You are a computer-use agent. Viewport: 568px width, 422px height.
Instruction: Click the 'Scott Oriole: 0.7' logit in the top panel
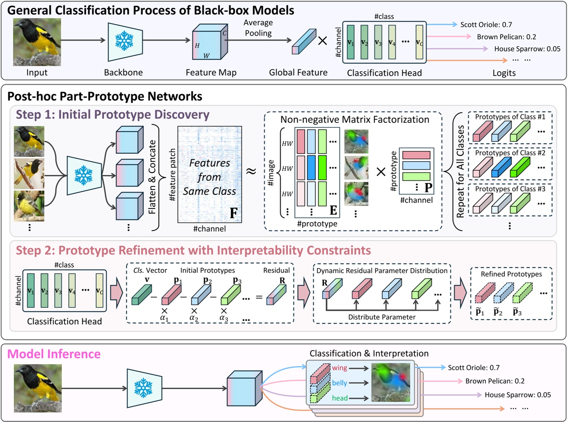pyautogui.click(x=486, y=25)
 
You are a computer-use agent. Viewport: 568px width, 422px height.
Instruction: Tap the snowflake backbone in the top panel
pyautogui.click(x=125, y=41)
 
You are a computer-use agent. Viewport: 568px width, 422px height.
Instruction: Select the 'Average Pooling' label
pyautogui.click(x=258, y=28)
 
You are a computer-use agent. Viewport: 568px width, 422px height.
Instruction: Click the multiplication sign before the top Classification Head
pyautogui.click(x=322, y=41)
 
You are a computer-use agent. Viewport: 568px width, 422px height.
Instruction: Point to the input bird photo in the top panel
pyautogui.click(x=37, y=42)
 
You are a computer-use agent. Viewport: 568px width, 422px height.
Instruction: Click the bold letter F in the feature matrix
pyautogui.click(x=233, y=213)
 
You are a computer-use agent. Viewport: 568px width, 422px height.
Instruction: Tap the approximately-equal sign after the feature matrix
pyautogui.click(x=251, y=172)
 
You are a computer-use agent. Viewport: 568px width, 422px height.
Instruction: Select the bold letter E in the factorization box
pyautogui.click(x=333, y=210)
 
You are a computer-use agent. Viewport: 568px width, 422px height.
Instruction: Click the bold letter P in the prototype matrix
pyautogui.click(x=428, y=187)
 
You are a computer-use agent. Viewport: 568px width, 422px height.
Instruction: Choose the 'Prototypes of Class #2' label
pyautogui.click(x=510, y=153)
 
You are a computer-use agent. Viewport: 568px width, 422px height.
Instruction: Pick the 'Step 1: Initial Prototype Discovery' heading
pyautogui.click(x=112, y=114)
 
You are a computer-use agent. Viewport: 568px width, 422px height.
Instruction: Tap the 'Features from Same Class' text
pyautogui.click(x=209, y=177)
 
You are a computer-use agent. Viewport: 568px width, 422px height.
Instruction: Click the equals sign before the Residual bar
pyautogui.click(x=259, y=297)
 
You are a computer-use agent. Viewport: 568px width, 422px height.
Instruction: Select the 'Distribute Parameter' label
pyautogui.click(x=381, y=317)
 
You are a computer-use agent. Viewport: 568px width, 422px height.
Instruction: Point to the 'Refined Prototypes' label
pyautogui.click(x=511, y=274)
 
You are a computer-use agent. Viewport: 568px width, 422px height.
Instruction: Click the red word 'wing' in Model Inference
pyautogui.click(x=339, y=368)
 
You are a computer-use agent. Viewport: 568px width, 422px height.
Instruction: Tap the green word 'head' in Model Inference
pyautogui.click(x=340, y=398)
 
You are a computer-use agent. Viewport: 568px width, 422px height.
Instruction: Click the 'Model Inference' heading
pyautogui.click(x=54, y=354)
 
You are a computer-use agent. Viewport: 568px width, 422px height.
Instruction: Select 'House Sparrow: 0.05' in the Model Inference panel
pyautogui.click(x=517, y=395)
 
